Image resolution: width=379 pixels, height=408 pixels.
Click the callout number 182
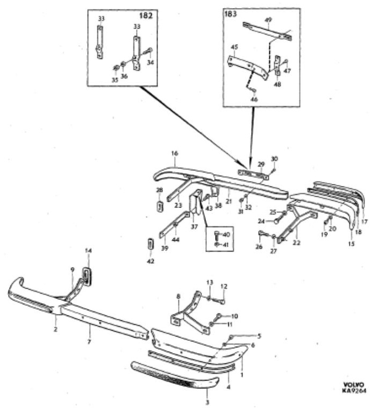click(x=146, y=16)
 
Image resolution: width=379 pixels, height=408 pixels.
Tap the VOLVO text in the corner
click(x=353, y=384)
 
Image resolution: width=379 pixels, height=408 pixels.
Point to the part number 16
click(x=174, y=153)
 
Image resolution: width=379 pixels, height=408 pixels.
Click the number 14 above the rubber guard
click(x=89, y=251)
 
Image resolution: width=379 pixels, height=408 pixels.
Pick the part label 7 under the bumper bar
click(x=90, y=341)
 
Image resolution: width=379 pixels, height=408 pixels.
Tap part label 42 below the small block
click(x=151, y=261)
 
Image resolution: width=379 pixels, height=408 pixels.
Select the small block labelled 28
click(x=159, y=206)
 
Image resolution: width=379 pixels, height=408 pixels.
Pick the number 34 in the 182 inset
click(x=151, y=62)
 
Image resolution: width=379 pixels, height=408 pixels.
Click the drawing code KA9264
click(x=354, y=391)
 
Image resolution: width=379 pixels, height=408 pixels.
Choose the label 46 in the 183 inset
click(x=254, y=99)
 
